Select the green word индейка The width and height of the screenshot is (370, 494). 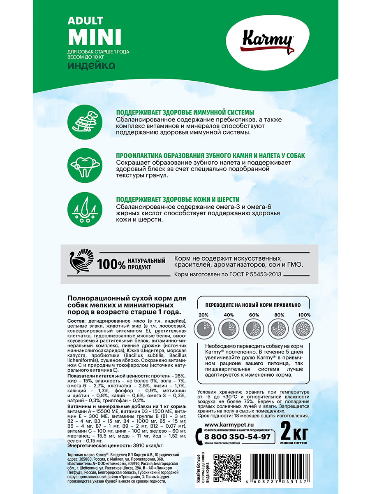click(x=91, y=66)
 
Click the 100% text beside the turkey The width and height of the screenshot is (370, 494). click(x=112, y=264)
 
